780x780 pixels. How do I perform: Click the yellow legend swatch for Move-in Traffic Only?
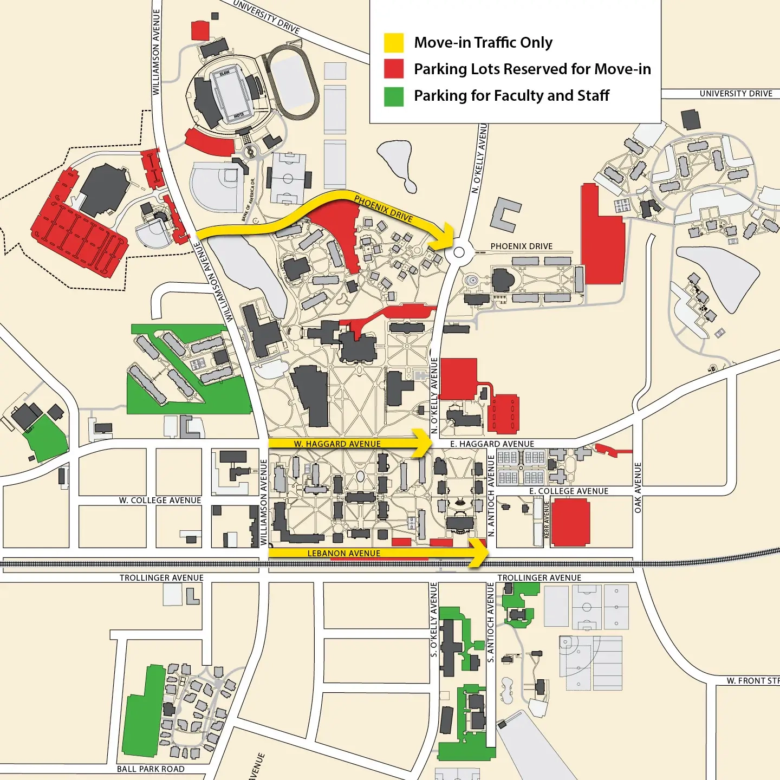tap(394, 43)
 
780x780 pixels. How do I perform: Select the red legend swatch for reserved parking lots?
tap(394, 69)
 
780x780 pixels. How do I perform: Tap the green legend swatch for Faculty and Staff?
tap(394, 96)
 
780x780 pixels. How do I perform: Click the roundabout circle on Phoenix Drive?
tap(459, 252)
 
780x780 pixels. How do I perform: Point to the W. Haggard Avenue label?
tap(337, 444)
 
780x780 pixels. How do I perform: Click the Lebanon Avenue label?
tap(343, 553)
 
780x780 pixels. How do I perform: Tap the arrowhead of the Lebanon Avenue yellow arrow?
tap(479, 553)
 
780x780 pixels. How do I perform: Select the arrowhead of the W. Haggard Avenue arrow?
tap(422, 443)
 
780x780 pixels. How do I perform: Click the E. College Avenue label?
tap(568, 491)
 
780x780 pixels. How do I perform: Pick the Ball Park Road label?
tap(151, 769)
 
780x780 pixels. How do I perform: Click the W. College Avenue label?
tap(160, 500)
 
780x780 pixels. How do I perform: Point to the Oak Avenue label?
tap(638, 487)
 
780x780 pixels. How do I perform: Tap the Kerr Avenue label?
tap(547, 520)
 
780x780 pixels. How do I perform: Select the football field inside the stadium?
tap(231, 94)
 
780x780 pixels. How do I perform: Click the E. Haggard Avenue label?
tap(492, 444)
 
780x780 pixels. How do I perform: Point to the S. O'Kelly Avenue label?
tap(433, 620)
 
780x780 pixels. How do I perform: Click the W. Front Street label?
tap(752, 681)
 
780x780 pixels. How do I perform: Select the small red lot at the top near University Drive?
tap(200, 30)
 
